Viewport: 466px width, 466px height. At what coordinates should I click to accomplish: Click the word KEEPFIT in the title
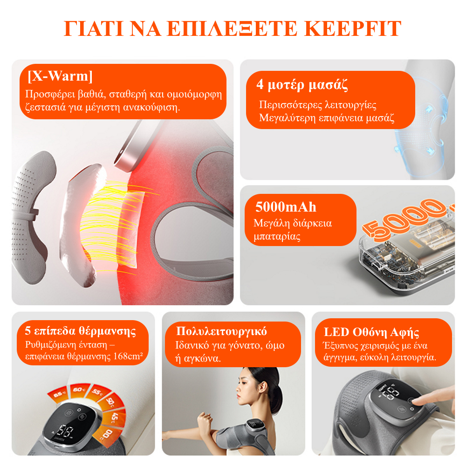(353, 28)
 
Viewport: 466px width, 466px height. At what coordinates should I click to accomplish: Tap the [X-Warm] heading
(60, 76)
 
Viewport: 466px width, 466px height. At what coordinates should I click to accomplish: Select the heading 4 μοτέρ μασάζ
(302, 84)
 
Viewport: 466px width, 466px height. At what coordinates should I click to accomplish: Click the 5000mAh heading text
(286, 207)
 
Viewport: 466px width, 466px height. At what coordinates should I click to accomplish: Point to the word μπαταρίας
(277, 236)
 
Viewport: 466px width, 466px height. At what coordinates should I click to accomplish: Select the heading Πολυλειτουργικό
(221, 331)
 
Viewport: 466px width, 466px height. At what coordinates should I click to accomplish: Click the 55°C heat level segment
(98, 392)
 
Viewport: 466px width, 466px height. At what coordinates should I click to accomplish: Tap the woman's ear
(262, 387)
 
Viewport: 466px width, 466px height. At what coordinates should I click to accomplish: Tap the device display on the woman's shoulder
(253, 425)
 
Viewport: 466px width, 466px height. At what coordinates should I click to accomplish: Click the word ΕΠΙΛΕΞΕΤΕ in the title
(232, 28)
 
